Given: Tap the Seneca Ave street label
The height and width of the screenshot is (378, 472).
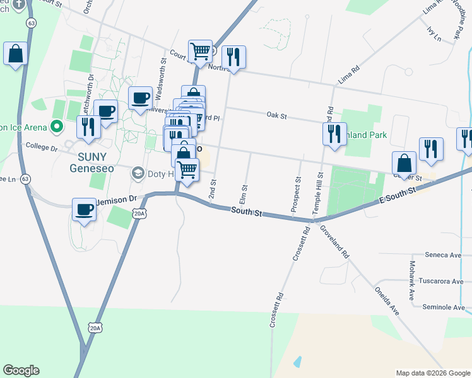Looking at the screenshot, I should click(x=445, y=255).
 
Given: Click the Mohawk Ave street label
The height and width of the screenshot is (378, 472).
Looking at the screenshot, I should click(x=412, y=280).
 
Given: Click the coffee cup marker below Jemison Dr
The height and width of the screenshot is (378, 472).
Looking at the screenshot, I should click(x=84, y=210).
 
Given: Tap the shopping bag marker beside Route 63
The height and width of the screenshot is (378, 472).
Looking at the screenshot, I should click(x=15, y=54).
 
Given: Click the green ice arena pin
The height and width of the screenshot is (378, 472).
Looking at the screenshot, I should click(x=56, y=127).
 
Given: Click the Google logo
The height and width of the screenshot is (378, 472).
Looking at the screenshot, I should click(x=21, y=370).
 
